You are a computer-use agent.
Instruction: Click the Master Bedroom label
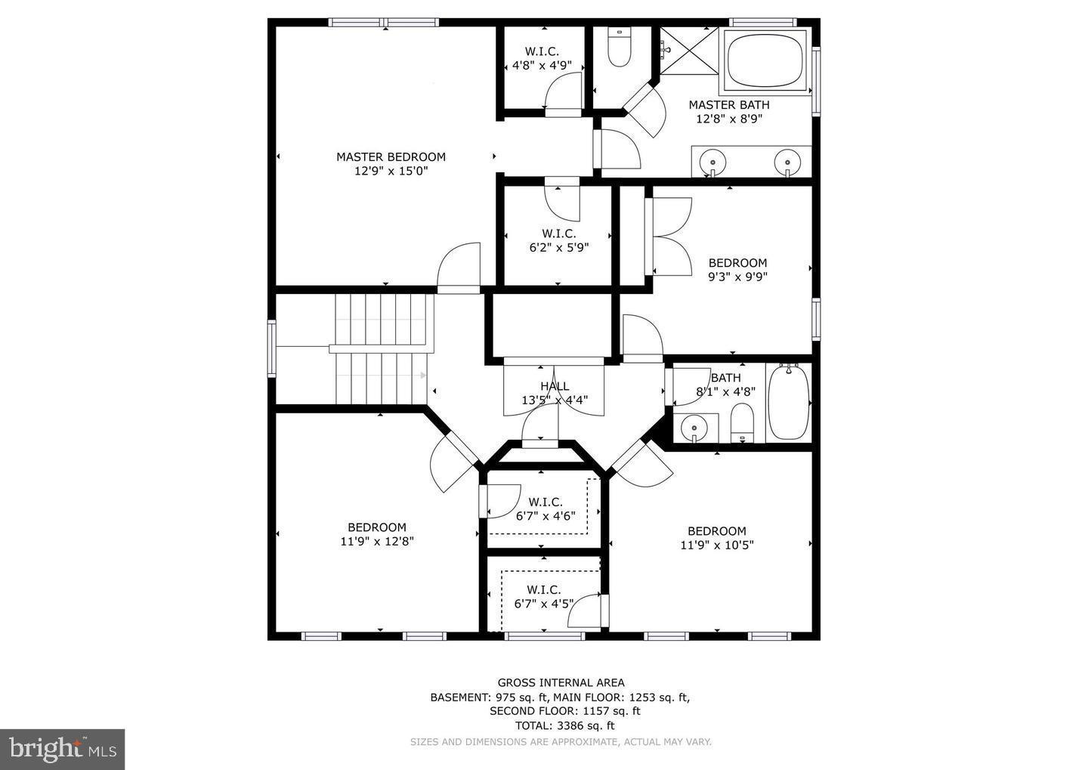pos(391,157)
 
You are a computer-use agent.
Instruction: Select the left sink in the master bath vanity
pos(712,161)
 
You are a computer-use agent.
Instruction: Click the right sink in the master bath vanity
pos(787,161)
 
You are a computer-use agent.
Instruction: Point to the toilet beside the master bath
pos(619,49)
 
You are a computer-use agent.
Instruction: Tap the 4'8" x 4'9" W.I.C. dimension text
pos(542,66)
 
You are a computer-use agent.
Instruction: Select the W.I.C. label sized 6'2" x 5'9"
pos(558,233)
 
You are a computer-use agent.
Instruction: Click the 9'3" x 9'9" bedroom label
pos(737,263)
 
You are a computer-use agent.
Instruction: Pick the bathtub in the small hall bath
pos(789,402)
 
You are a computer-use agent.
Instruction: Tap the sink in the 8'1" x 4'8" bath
pos(694,428)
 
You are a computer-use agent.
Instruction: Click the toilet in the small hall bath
pos(742,422)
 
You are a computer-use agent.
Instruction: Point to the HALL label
pos(555,386)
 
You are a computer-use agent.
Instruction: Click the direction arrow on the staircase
pos(422,375)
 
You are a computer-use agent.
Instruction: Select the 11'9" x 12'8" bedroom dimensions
pos(377,541)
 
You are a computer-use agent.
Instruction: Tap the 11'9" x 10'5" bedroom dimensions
pos(716,545)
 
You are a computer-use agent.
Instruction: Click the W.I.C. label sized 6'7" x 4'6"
pos(546,503)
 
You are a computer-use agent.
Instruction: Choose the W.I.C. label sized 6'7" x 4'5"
pos(543,589)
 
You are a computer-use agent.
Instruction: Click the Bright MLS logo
pos(62,749)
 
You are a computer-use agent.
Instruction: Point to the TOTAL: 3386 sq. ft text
pos(560,725)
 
